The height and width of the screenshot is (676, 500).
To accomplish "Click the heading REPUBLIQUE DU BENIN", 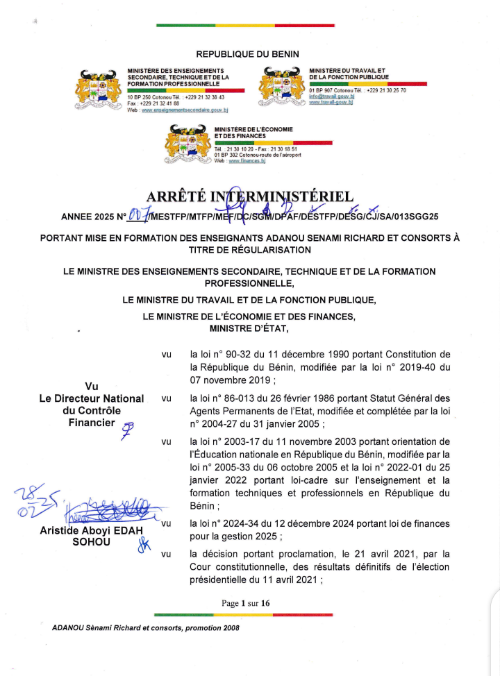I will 247,53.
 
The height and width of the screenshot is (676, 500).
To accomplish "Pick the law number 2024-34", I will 232,524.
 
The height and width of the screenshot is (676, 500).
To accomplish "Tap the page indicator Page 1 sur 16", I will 246,603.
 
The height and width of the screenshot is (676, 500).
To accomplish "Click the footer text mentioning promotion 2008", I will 145,627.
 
